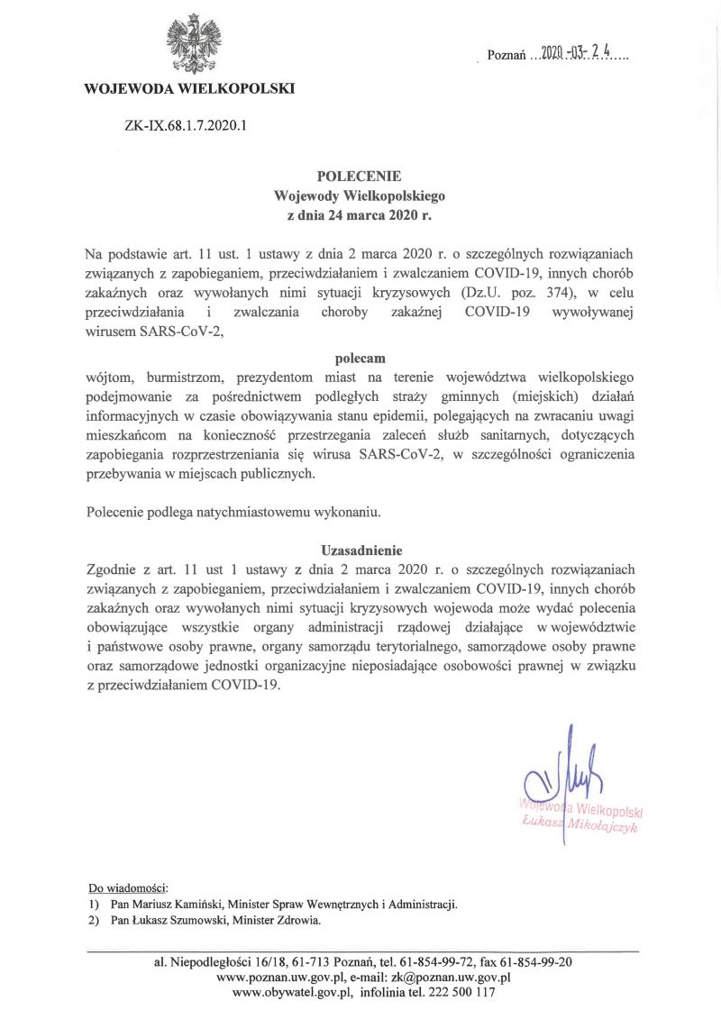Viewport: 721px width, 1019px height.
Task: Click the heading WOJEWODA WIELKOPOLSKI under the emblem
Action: (x=188, y=88)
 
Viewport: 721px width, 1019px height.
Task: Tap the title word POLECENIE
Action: (x=360, y=176)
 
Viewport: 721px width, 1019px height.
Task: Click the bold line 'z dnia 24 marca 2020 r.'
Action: (x=360, y=215)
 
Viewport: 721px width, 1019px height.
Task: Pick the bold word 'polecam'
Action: (x=360, y=358)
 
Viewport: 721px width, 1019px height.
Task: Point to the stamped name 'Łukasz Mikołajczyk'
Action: (x=580, y=824)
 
